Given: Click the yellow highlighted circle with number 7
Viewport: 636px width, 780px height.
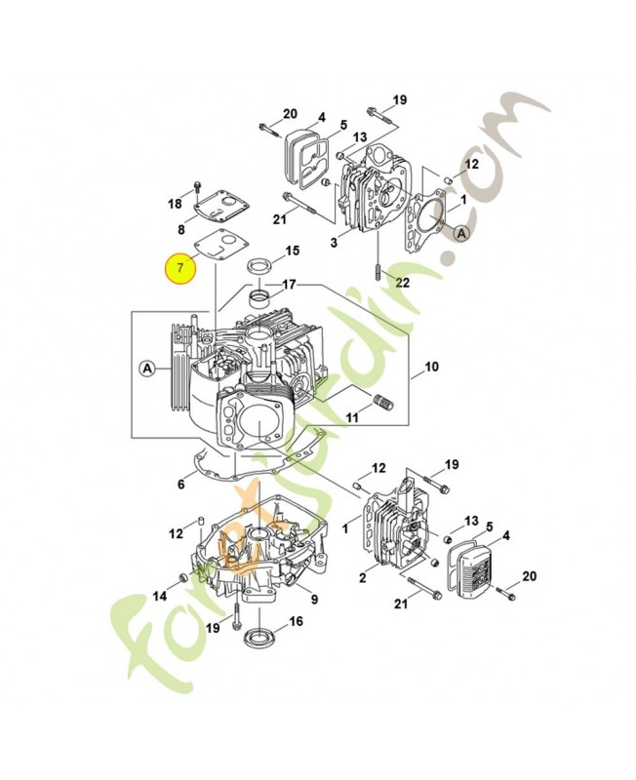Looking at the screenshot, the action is tap(180, 267).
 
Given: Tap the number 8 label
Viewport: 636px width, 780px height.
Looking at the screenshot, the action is tap(181, 229).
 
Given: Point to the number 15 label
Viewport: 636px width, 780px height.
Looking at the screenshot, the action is tap(293, 251).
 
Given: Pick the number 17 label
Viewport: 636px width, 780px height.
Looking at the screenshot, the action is tap(289, 285).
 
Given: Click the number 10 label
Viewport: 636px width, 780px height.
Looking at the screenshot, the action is tap(431, 367).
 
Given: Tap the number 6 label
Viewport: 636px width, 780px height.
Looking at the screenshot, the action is tap(180, 484).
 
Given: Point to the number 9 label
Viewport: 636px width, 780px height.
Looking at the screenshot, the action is tap(314, 600).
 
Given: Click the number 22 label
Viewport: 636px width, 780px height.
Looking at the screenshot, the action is tap(402, 283).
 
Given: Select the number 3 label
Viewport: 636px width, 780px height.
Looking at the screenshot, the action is tap(334, 242).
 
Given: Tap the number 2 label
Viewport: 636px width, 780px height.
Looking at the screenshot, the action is tap(362, 577).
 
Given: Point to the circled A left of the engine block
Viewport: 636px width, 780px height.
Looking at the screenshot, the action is tap(147, 369).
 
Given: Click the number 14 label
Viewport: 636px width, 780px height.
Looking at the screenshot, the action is tap(160, 596).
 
